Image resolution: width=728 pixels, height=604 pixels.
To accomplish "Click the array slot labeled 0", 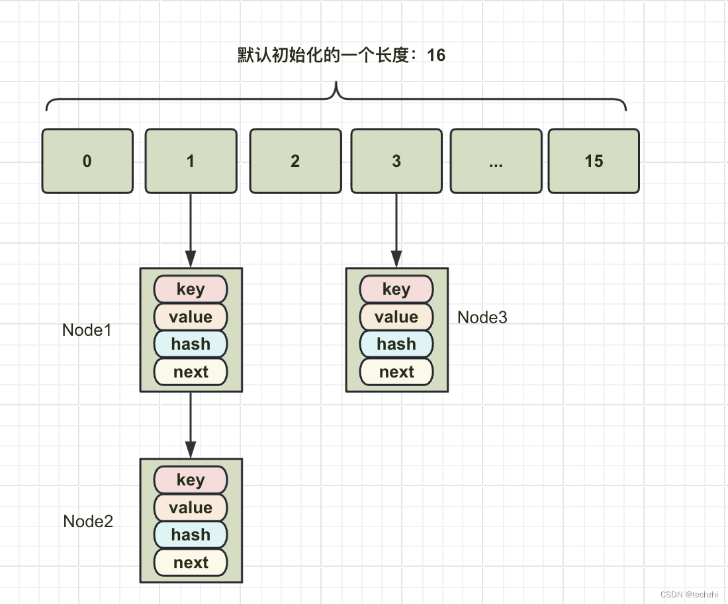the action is [x=87, y=161].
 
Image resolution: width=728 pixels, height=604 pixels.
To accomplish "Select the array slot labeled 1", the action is [x=191, y=161].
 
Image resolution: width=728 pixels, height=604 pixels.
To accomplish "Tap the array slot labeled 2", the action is [x=295, y=161].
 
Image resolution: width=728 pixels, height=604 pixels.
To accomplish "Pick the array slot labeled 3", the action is [x=396, y=161].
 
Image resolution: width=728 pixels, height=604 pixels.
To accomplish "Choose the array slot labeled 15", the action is [x=594, y=161].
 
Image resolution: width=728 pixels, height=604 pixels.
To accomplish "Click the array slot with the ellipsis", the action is [x=496, y=161].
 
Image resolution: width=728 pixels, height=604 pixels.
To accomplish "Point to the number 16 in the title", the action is [x=436, y=55].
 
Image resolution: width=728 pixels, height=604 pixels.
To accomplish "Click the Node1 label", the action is [x=87, y=330].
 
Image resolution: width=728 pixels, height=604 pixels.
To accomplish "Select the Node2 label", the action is [x=88, y=521].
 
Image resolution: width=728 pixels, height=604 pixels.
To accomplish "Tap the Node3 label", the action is [x=482, y=317].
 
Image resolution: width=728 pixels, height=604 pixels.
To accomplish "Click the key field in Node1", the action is [x=191, y=289].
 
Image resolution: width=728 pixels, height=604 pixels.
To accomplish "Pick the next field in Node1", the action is [x=191, y=372].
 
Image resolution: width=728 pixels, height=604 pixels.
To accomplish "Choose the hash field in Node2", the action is [x=191, y=534].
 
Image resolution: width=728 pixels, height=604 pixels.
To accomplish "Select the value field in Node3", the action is [x=396, y=317].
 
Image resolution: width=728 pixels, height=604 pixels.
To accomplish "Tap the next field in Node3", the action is [x=396, y=372].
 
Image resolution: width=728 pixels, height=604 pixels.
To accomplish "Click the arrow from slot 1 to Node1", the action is [x=191, y=230].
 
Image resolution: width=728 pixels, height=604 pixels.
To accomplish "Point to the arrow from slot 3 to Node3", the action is [x=396, y=230].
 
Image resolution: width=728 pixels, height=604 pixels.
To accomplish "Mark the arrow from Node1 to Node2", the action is [x=191, y=425].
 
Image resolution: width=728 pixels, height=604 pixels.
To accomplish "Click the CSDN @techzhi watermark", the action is [x=689, y=594].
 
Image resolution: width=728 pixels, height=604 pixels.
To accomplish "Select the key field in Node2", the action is [x=191, y=479].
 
